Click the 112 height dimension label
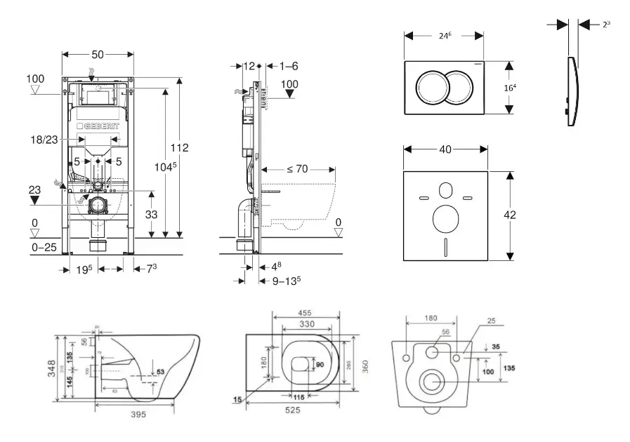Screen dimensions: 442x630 180,147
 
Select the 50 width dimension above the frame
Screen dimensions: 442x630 97,54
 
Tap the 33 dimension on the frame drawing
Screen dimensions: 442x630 152,215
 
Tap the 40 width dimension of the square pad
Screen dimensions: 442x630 445,149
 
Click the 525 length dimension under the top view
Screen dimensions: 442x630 294,410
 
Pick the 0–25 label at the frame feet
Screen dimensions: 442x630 44,248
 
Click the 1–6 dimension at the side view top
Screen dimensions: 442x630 289,66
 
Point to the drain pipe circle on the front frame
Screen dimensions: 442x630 98,205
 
